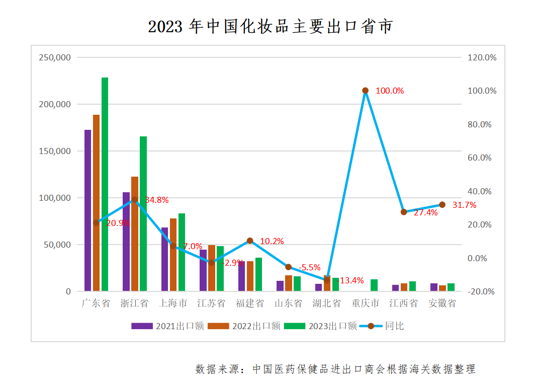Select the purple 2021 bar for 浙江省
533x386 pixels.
click(126, 242)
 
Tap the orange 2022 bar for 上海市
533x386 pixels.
click(173, 255)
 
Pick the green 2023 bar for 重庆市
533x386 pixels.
click(374, 285)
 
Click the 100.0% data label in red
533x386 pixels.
click(390, 91)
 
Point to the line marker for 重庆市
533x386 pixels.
click(366, 91)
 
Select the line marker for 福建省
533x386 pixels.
click(250, 241)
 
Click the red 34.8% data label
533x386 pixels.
click(156, 200)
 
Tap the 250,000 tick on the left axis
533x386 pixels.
click(55, 57)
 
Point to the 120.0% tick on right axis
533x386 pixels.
click(482, 57)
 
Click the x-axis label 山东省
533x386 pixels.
click(288, 303)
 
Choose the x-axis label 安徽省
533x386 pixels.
click(442, 303)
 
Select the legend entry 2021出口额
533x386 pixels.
click(167, 326)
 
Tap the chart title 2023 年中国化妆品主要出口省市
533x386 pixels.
click(270, 26)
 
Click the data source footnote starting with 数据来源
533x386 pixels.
click(335, 369)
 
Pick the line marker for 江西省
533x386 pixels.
click(404, 212)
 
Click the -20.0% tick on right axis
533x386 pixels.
click(482, 292)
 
